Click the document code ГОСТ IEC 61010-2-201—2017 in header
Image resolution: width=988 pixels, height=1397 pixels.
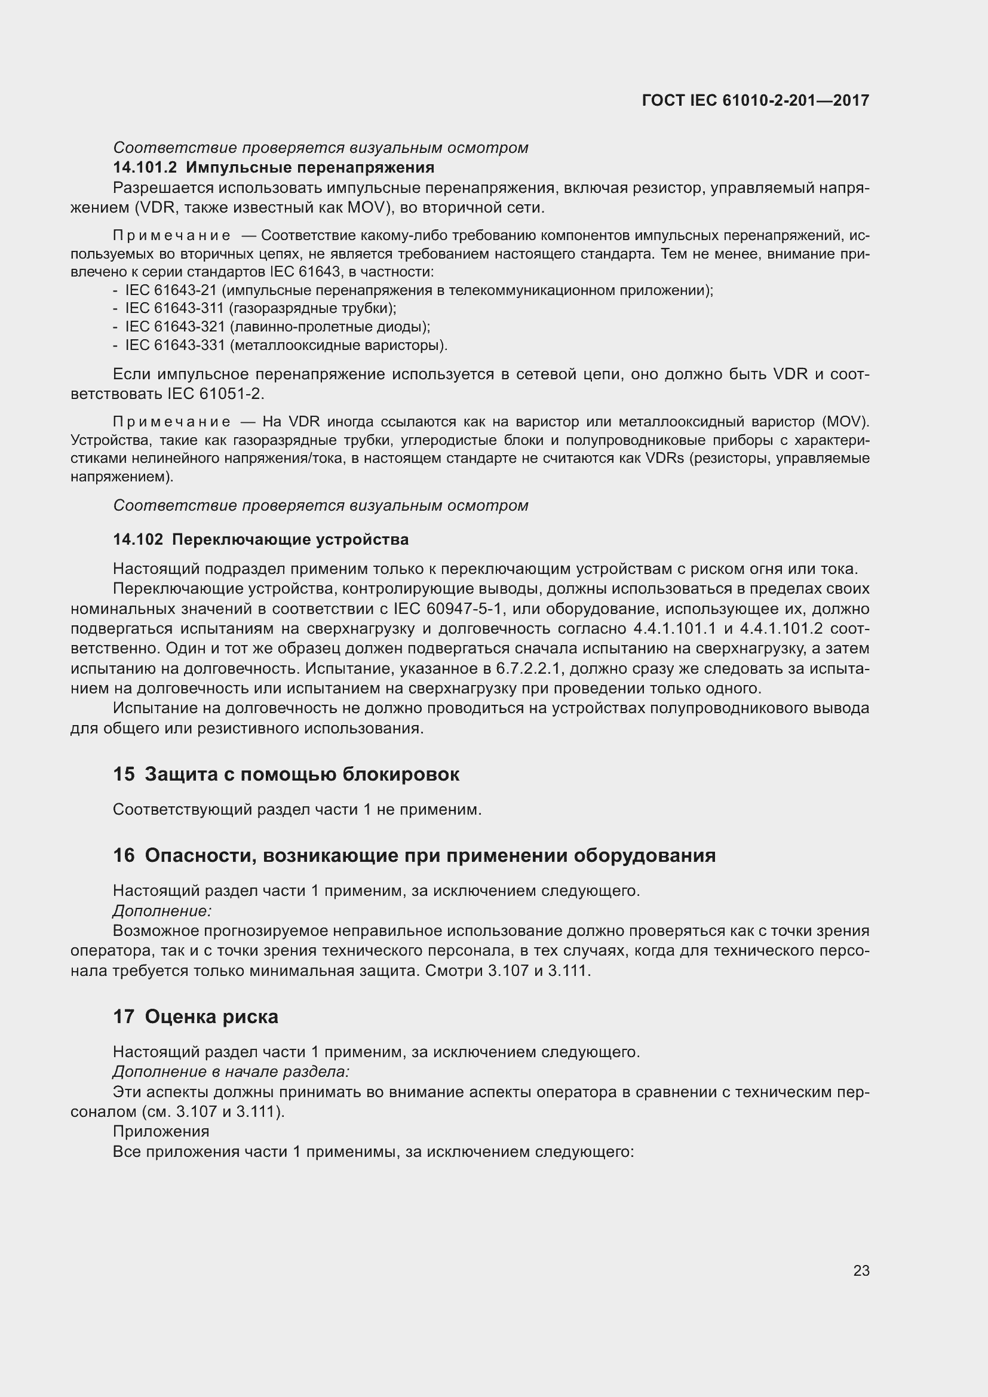click(x=755, y=100)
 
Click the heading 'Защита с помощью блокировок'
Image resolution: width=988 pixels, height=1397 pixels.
click(x=302, y=775)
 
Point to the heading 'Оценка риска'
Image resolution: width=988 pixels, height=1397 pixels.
click(x=211, y=1017)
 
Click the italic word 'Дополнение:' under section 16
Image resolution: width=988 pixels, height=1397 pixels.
click(x=162, y=911)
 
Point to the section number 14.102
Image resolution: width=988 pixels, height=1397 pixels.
click(x=138, y=540)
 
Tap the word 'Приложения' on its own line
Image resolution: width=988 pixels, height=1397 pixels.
click(x=161, y=1131)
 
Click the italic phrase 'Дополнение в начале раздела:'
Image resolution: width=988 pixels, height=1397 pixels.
click(x=231, y=1071)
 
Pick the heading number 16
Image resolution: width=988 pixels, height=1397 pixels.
click(x=124, y=855)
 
